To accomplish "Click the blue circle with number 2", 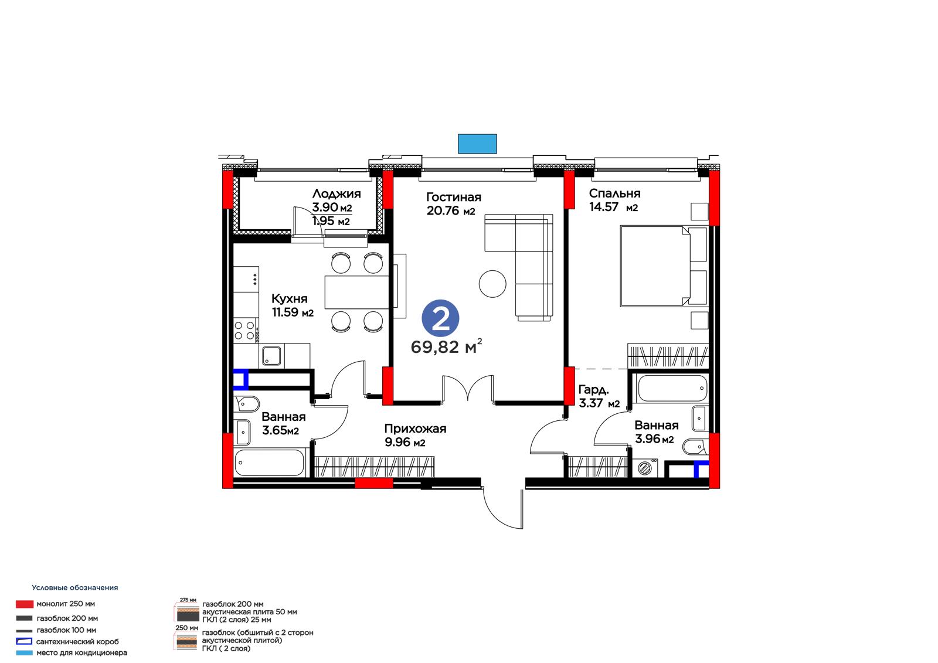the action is click(440, 318).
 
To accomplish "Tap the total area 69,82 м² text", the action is click(446, 347).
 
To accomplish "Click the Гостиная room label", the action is click(454, 197).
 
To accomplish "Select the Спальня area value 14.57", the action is click(603, 207).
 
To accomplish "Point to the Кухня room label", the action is click(290, 298).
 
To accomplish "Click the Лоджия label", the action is click(337, 194).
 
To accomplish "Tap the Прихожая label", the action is click(415, 429).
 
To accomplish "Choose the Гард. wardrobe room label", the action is click(593, 390).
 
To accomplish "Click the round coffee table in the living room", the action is click(492, 284).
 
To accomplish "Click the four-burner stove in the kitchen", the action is click(245, 330).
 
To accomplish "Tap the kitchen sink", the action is click(271, 356).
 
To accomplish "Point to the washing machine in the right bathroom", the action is click(645, 468).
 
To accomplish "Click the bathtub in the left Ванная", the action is click(269, 463).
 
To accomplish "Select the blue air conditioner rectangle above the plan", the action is click(477, 144).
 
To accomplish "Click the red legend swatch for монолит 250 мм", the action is click(24, 604).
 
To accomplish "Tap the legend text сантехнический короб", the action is click(77, 642).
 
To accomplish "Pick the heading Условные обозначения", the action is click(75, 587).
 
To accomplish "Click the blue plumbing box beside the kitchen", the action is click(241, 379).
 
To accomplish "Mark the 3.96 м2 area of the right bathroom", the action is click(654, 439).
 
